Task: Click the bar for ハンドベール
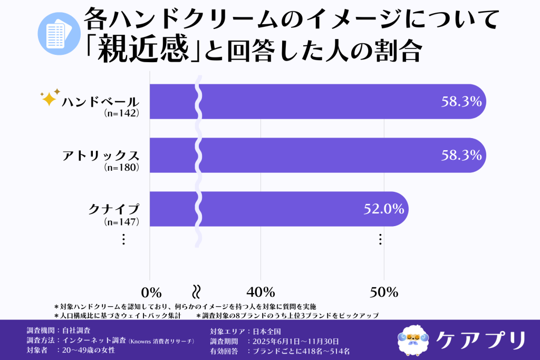pyautogui.click(x=316, y=101)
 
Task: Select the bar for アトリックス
pyautogui.click(x=316, y=155)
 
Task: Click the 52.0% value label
pyautogui.click(x=384, y=209)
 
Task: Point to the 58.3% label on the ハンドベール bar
pyautogui.click(x=461, y=101)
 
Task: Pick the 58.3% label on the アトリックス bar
pyautogui.click(x=461, y=155)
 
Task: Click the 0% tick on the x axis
pyautogui.click(x=151, y=292)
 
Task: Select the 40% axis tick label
pyautogui.click(x=261, y=292)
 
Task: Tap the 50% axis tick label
pyautogui.click(x=383, y=292)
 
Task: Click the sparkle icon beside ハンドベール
pyautogui.click(x=50, y=98)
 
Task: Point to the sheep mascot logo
pyautogui.click(x=413, y=339)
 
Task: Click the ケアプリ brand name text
pyautogui.click(x=480, y=339)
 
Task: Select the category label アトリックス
pyautogui.click(x=100, y=155)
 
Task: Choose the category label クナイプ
pyautogui.click(x=113, y=209)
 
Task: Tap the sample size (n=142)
pyautogui.click(x=121, y=113)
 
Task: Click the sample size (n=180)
pyautogui.click(x=121, y=168)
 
